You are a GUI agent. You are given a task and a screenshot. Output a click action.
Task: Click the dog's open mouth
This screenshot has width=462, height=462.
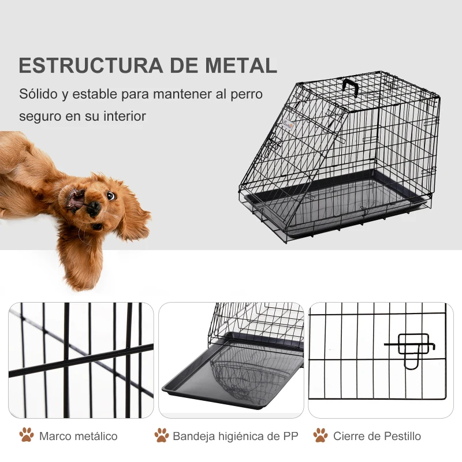click(x=77, y=200)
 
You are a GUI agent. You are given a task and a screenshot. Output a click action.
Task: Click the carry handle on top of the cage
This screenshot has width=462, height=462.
click(x=351, y=87)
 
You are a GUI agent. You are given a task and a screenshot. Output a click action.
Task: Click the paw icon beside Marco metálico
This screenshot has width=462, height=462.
click(x=27, y=435)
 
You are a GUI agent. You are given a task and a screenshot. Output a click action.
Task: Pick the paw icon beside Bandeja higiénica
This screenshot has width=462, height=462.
click(x=162, y=435)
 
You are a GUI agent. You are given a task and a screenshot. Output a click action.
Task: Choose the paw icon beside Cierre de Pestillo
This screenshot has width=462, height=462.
click(x=320, y=435)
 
